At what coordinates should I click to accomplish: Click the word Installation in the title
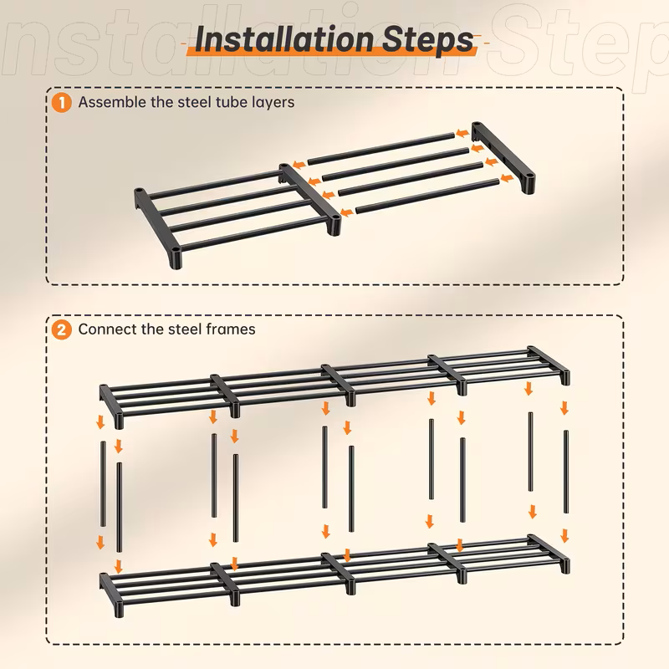(285, 39)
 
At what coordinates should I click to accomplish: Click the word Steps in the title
(428, 40)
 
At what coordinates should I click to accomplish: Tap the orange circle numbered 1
(61, 103)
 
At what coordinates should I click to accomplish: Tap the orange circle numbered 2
(61, 329)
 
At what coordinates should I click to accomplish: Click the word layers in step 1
(273, 103)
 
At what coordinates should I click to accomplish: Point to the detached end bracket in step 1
(503, 157)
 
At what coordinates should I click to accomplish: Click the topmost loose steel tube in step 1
(381, 149)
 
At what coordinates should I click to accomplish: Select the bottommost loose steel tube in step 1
(427, 197)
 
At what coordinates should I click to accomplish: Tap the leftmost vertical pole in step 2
(103, 484)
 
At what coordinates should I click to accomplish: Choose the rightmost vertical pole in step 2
(566, 472)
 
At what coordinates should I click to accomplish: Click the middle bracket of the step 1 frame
(310, 199)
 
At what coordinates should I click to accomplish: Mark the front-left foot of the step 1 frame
(176, 259)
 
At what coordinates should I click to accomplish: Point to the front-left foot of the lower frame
(119, 609)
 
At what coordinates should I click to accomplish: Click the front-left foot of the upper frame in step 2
(119, 421)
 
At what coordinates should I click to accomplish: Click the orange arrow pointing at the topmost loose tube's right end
(462, 133)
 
